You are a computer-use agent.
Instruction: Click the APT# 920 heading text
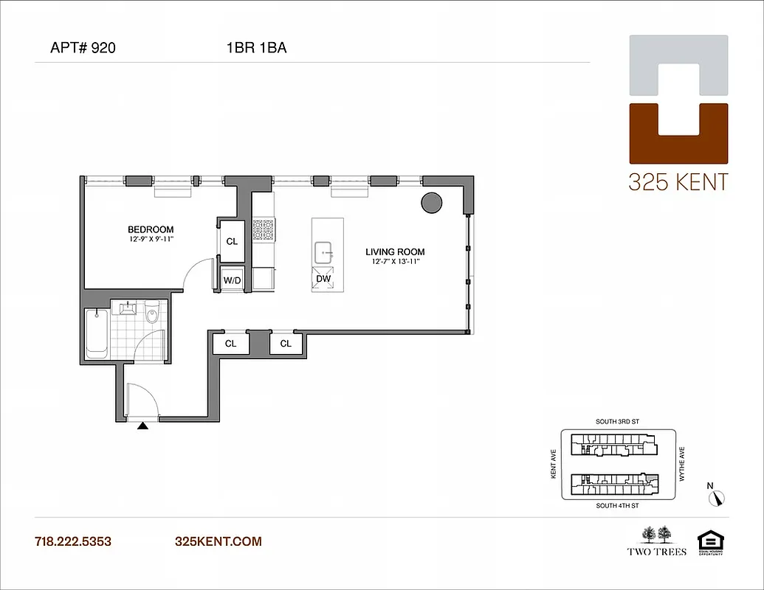tap(82, 49)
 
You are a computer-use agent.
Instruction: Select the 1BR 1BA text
tap(256, 49)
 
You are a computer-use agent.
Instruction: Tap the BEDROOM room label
tap(150, 229)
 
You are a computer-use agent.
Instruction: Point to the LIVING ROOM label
tap(395, 252)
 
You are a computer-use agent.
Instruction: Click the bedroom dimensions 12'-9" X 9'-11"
tap(150, 240)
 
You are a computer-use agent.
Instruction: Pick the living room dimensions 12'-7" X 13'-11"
tap(395, 263)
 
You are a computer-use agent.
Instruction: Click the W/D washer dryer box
tap(232, 280)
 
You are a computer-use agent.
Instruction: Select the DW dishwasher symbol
tap(323, 279)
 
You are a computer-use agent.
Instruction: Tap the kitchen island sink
tap(323, 253)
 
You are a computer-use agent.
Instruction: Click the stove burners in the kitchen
tap(263, 230)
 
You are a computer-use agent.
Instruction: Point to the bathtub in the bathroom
tap(97, 333)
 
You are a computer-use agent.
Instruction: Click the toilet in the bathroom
tap(152, 315)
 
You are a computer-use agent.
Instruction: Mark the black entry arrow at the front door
tap(143, 425)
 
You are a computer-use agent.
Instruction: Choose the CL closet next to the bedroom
tap(232, 241)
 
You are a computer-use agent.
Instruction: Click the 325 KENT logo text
tap(678, 181)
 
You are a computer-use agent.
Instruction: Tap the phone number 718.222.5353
tap(73, 541)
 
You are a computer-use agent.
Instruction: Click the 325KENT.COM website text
tap(218, 541)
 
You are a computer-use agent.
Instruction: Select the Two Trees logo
tap(656, 541)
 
